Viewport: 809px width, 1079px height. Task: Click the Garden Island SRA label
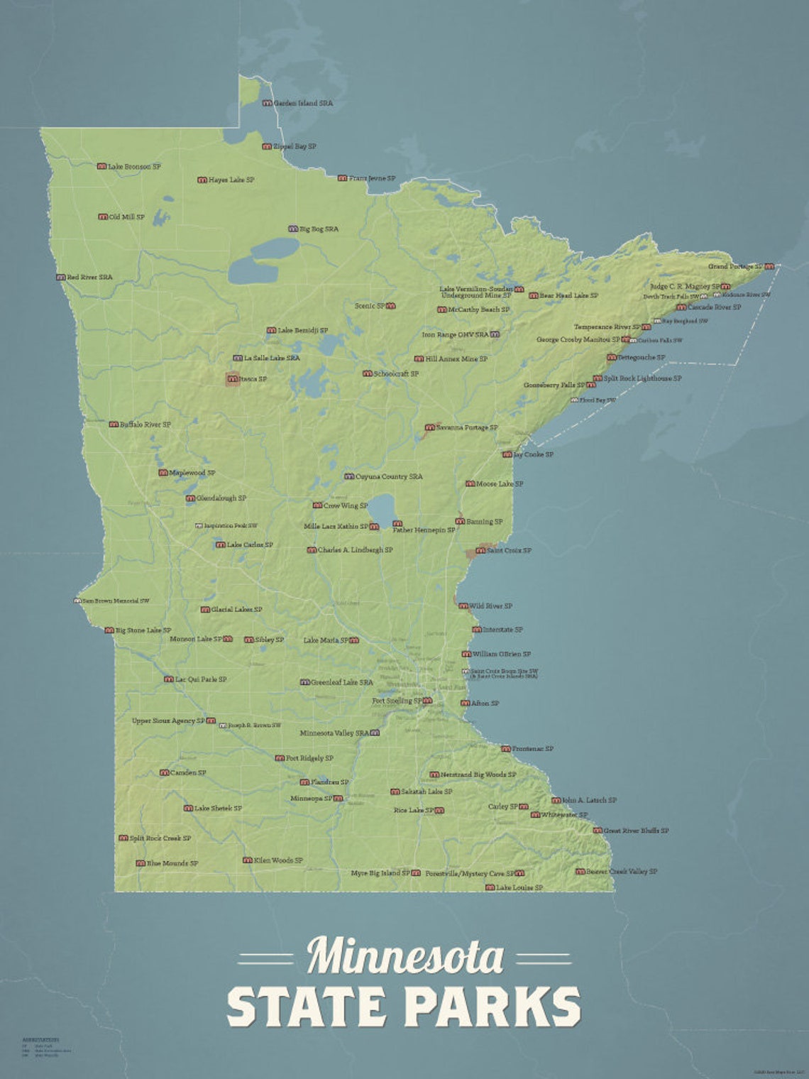pyautogui.click(x=303, y=104)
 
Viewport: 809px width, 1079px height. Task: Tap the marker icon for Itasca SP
pyautogui.click(x=233, y=380)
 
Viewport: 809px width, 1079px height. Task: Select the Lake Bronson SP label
pyautogui.click(x=134, y=167)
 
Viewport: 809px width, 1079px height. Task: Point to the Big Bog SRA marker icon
pyautogui.click(x=293, y=229)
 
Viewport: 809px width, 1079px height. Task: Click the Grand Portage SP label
pyautogui.click(x=735, y=267)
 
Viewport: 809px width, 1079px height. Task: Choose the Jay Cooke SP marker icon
pyautogui.click(x=507, y=454)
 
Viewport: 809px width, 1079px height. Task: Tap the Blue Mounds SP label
pyautogui.click(x=172, y=864)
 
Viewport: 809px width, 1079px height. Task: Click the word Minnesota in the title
pyautogui.click(x=405, y=957)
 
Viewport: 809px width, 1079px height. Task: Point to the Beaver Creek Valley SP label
pyautogui.click(x=622, y=872)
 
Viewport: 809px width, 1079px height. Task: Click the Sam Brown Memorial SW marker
pyautogui.click(x=78, y=601)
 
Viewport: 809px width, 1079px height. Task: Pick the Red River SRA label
pyautogui.click(x=89, y=278)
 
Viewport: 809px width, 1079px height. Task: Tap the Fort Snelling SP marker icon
pyautogui.click(x=427, y=701)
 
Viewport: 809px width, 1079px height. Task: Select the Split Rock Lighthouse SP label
pyautogui.click(x=642, y=379)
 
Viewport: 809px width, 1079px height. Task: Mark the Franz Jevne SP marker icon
pyautogui.click(x=342, y=178)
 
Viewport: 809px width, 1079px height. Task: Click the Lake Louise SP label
pyautogui.click(x=519, y=888)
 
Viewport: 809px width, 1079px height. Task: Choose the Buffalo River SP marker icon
pyautogui.click(x=114, y=425)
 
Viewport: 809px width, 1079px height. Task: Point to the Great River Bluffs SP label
pyautogui.click(x=636, y=831)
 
